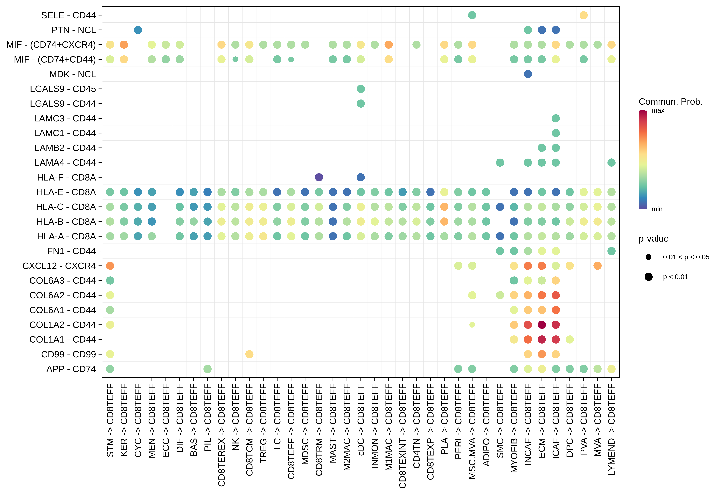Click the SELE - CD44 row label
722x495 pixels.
click(x=68, y=15)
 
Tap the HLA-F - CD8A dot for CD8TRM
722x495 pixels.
click(x=319, y=177)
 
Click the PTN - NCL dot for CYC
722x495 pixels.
click(x=138, y=30)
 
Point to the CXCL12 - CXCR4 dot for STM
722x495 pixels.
click(x=110, y=266)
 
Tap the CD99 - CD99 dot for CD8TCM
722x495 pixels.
click(x=249, y=354)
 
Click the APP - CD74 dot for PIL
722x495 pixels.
click(x=208, y=369)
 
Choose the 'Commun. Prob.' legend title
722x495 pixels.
click(x=670, y=102)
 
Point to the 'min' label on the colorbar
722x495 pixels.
click(x=657, y=209)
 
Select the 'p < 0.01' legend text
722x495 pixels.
click(x=675, y=277)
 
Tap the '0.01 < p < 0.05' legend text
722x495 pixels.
click(x=686, y=257)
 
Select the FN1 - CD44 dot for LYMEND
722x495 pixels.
click(x=611, y=251)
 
